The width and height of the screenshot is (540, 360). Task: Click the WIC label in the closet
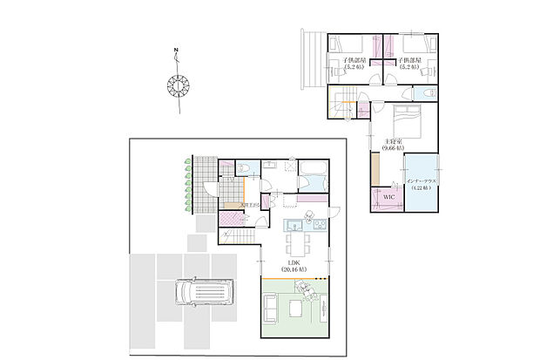pyautogui.click(x=388, y=197)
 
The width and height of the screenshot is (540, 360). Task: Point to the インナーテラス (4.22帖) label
pyautogui.click(x=426, y=184)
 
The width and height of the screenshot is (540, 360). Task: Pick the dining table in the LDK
pyautogui.click(x=295, y=238)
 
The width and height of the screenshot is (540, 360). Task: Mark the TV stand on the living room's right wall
pyautogui.click(x=324, y=305)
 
